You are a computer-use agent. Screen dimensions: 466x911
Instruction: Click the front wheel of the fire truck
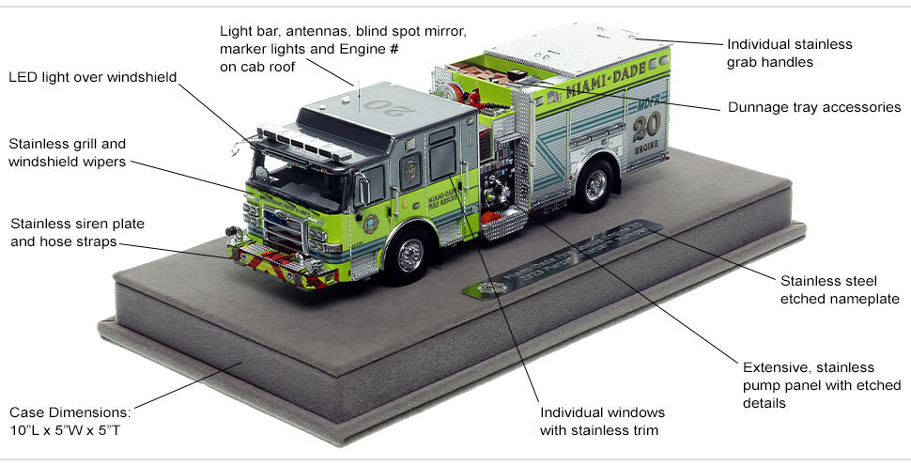coord(410,254)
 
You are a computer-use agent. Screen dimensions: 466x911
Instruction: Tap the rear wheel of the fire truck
coord(595,184)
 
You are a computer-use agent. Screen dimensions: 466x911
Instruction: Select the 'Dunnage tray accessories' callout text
coord(814,107)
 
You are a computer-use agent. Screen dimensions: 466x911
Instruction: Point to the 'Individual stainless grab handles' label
coord(789,53)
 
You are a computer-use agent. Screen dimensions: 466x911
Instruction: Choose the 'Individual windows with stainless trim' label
coord(602,422)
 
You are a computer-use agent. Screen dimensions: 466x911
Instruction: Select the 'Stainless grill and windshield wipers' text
coord(67,152)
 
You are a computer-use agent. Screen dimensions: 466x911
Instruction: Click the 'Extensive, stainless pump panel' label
coord(821,384)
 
